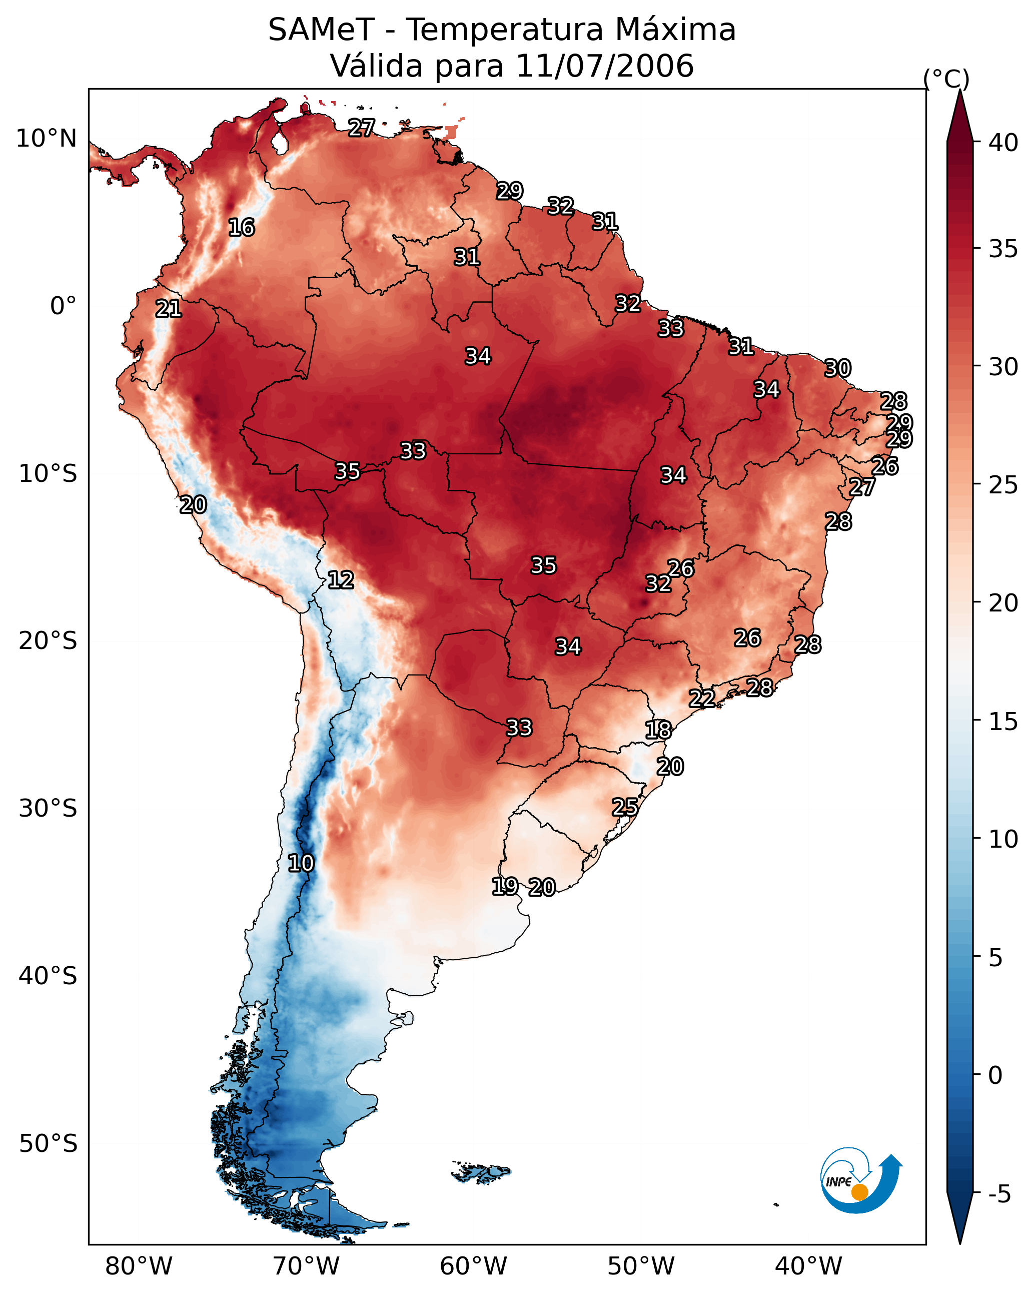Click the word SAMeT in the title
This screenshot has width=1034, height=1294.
pos(321,30)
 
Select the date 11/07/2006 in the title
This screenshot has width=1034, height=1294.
pos(605,66)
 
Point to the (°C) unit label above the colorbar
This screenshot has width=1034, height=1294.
pos(946,79)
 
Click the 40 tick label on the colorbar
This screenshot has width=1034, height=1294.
pos(1003,143)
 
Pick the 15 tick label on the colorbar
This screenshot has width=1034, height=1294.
pos(1003,722)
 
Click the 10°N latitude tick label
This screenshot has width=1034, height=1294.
pos(46,139)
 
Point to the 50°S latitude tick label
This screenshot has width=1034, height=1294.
pos(48,1144)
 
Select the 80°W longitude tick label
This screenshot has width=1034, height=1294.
pos(139,1266)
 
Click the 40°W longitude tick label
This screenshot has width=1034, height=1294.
pos(809,1266)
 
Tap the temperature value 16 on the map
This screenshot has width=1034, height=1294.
pos(241,228)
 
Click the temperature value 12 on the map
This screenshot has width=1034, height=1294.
pos(341,580)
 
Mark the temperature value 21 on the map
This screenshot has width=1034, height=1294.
pos(169,309)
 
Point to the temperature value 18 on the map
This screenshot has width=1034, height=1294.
pos(658,730)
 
